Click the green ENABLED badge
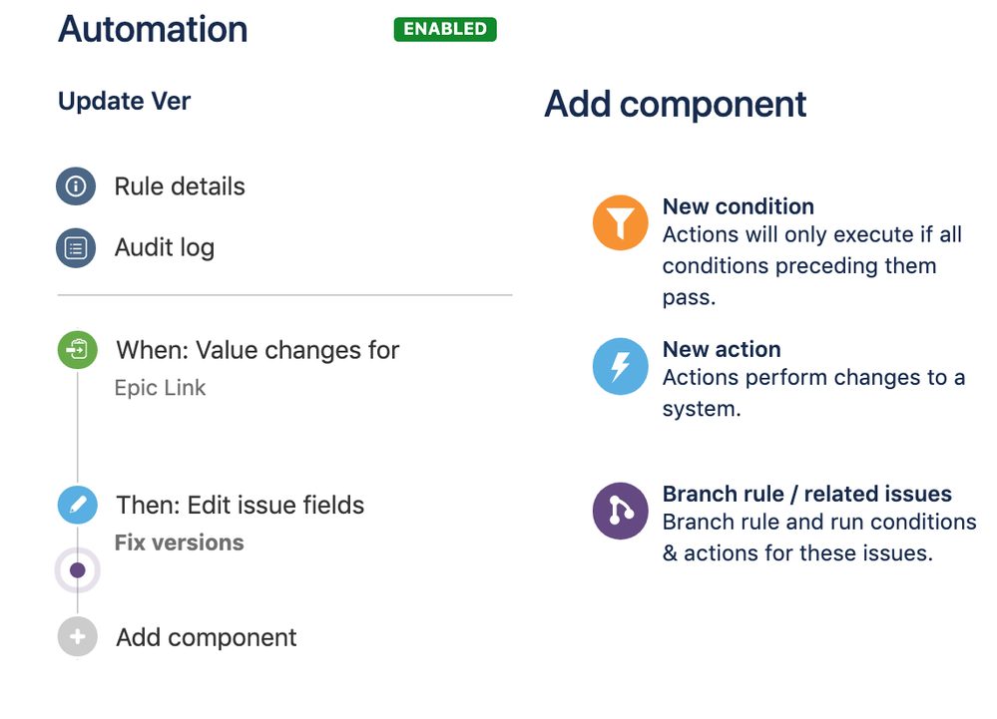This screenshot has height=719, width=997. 445,29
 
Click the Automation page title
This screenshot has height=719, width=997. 153,29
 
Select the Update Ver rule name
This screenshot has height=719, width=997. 124,101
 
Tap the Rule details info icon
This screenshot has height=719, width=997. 76,186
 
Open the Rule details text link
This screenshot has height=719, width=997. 180,186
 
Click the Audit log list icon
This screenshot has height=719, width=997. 76,247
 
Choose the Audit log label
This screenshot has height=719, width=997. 164,248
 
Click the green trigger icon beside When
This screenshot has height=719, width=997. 78,349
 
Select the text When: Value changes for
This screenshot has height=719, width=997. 257,350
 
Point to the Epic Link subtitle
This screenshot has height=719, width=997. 160,388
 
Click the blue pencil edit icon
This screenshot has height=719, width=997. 78,505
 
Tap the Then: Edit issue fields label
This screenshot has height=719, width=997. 240,505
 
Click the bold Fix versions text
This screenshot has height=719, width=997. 180,542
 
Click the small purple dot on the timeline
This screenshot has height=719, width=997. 78,570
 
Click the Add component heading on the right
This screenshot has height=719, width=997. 676,104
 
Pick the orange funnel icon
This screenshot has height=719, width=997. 621,222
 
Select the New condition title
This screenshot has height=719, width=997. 739,206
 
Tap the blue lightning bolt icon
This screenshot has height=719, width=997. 621,367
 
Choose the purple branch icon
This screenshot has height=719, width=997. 621,511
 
